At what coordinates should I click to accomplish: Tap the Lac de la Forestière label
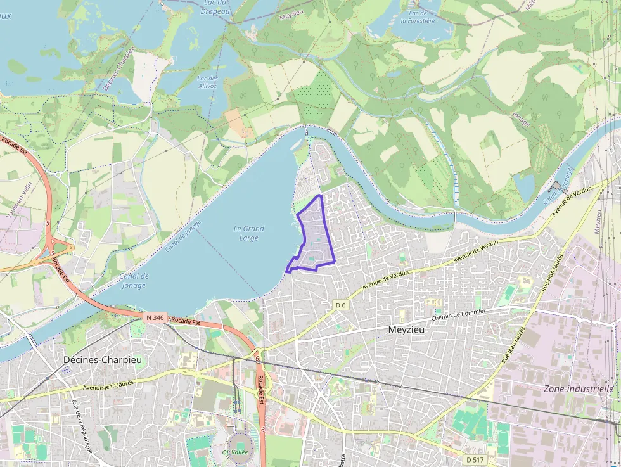point(418,16)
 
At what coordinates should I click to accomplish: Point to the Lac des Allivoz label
point(207,82)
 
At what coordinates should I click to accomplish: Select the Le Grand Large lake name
point(249,233)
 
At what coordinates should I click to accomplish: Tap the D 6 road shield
point(341,305)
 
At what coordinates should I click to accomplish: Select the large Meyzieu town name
point(406,330)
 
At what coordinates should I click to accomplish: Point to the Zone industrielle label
point(578,388)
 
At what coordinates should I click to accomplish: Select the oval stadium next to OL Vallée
point(240,441)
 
